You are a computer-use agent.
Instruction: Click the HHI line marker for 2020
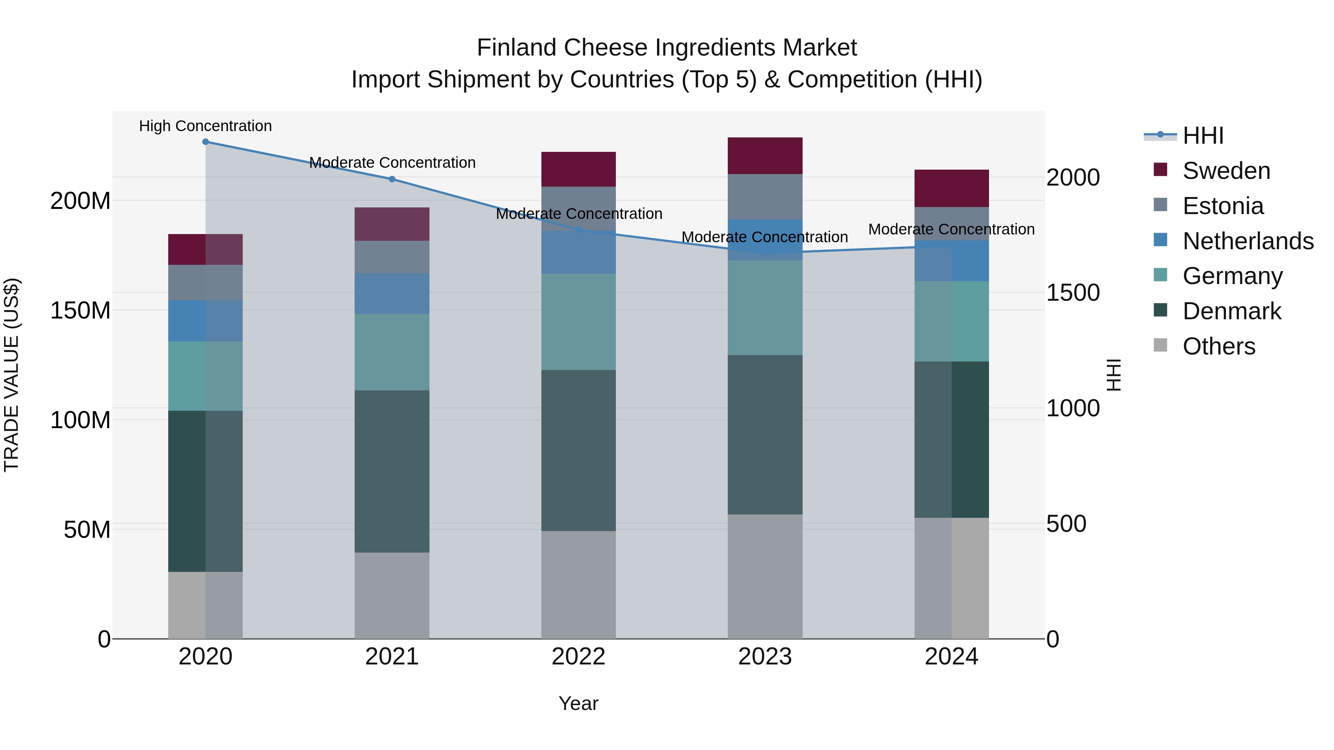(206, 142)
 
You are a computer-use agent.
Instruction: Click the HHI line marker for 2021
(392, 179)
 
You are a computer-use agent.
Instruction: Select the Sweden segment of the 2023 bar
(765, 156)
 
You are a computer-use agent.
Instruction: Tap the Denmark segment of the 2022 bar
(578, 450)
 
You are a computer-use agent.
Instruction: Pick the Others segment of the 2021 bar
(392, 595)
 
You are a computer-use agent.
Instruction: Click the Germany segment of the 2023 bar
(765, 308)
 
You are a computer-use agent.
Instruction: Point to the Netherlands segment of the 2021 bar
(392, 293)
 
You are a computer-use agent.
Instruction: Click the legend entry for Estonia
(1223, 206)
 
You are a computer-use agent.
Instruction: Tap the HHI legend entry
(1202, 136)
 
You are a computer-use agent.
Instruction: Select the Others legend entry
(1218, 346)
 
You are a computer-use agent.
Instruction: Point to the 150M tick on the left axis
(80, 311)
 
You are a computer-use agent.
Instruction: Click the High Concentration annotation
(206, 126)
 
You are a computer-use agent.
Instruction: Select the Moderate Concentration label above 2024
(951, 229)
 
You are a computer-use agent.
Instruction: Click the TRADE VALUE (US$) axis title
(11, 375)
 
